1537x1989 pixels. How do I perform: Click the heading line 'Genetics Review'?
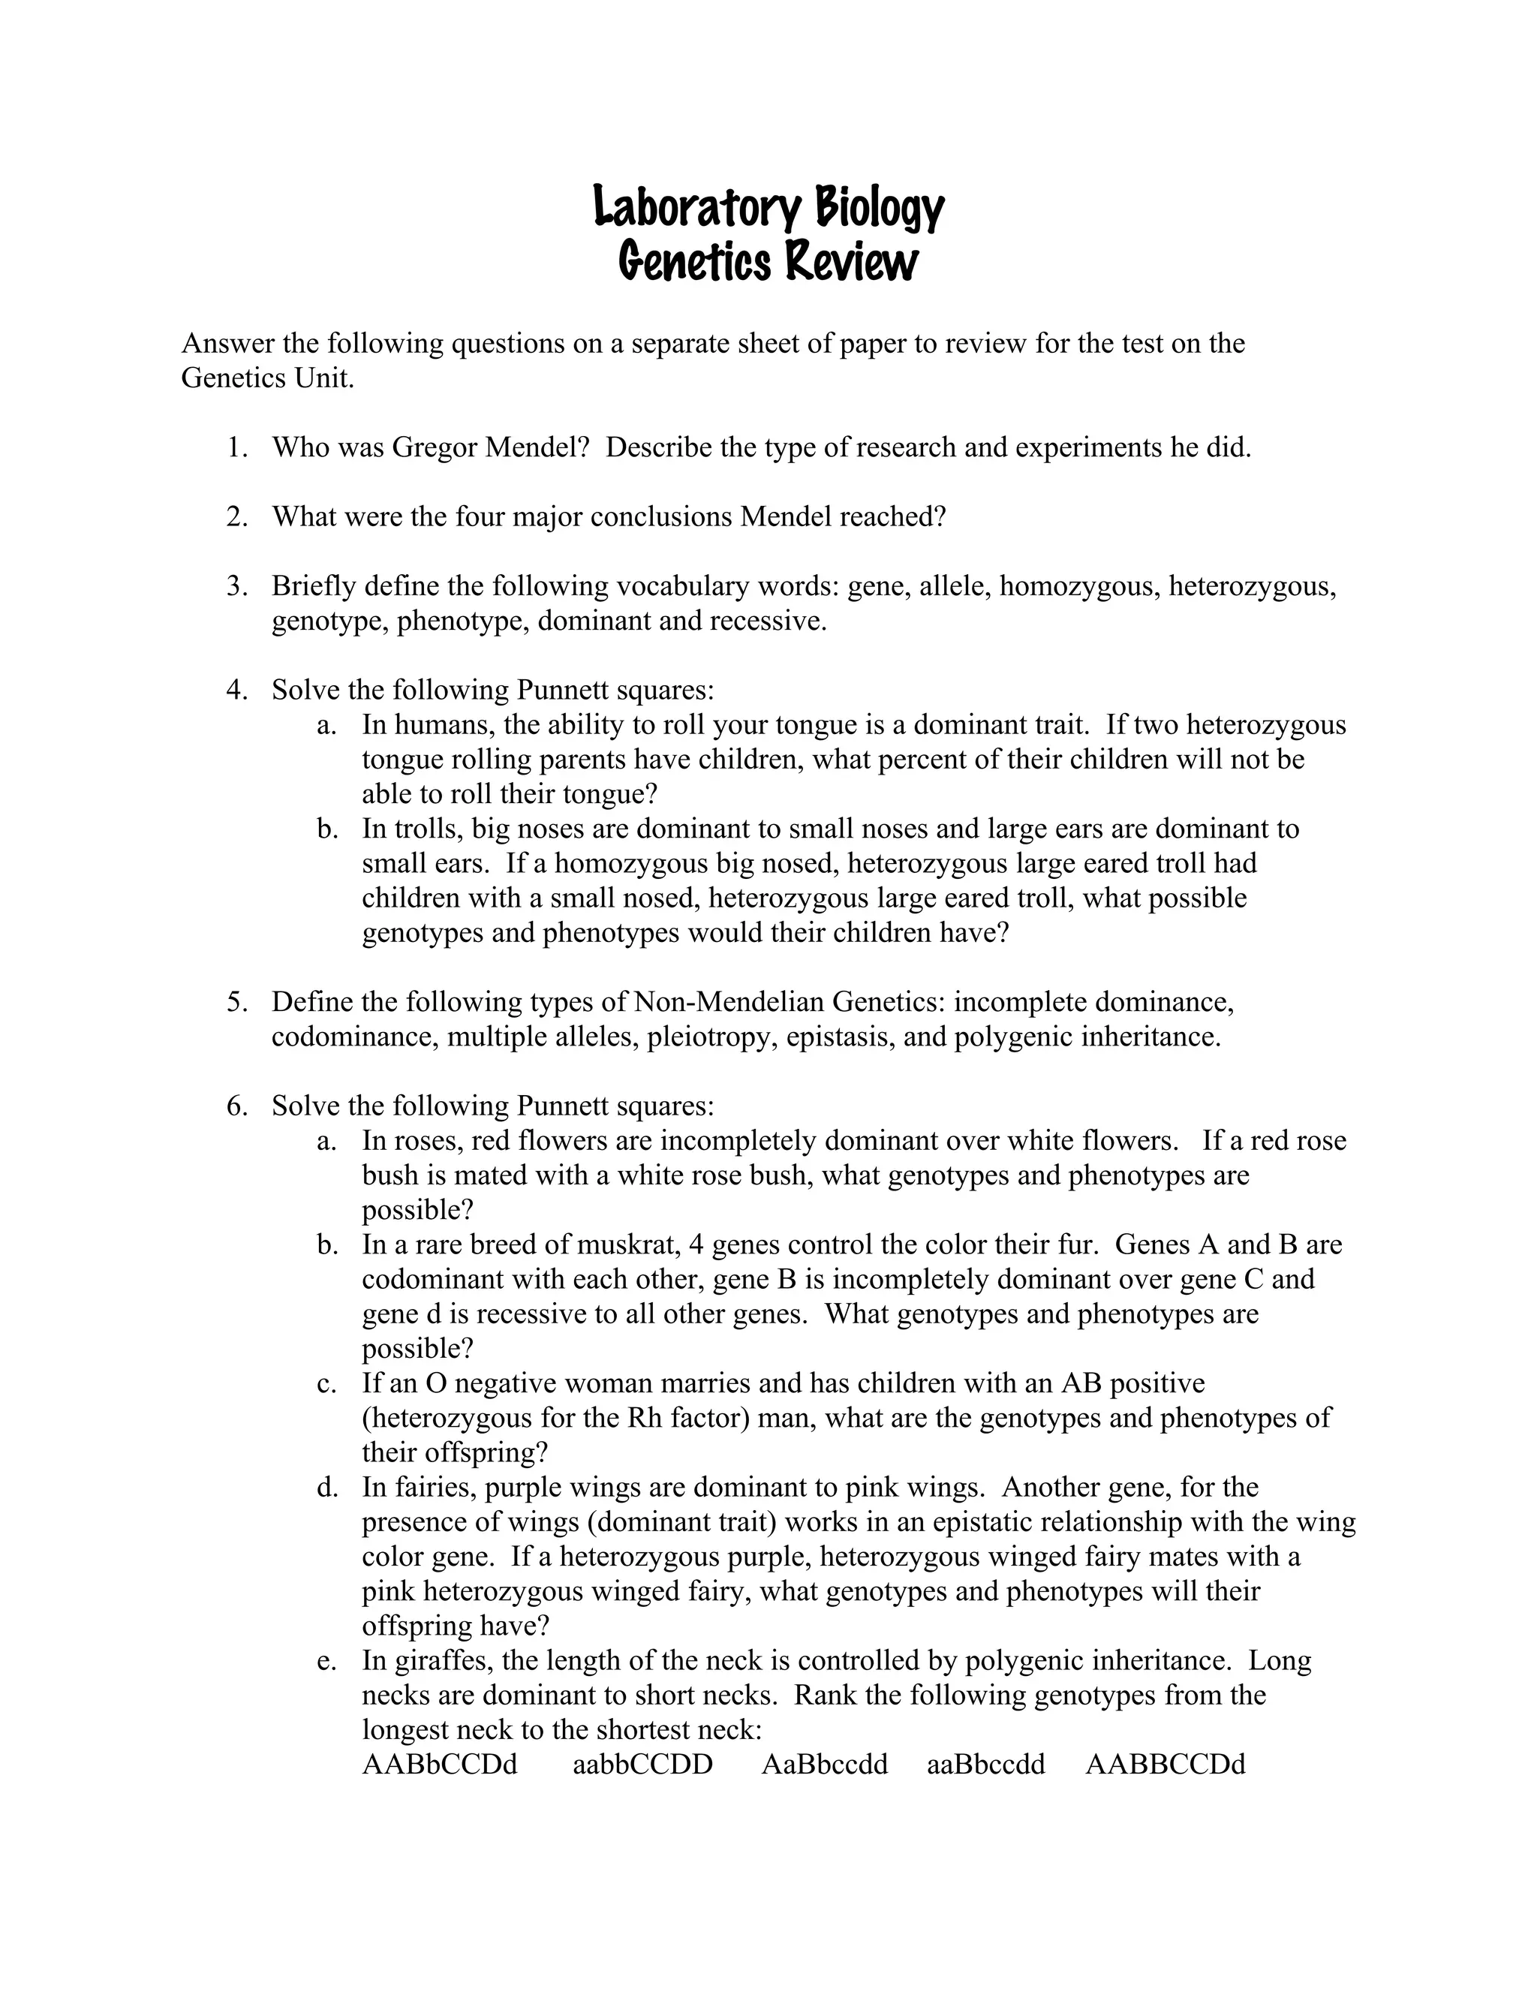click(x=768, y=262)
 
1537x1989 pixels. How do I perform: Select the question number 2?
click(x=236, y=516)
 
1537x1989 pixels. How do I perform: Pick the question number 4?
click(x=236, y=690)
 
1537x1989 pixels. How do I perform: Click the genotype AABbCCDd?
click(x=439, y=1764)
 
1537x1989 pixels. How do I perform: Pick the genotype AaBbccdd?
click(x=824, y=1764)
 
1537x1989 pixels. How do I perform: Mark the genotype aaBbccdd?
click(x=985, y=1764)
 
